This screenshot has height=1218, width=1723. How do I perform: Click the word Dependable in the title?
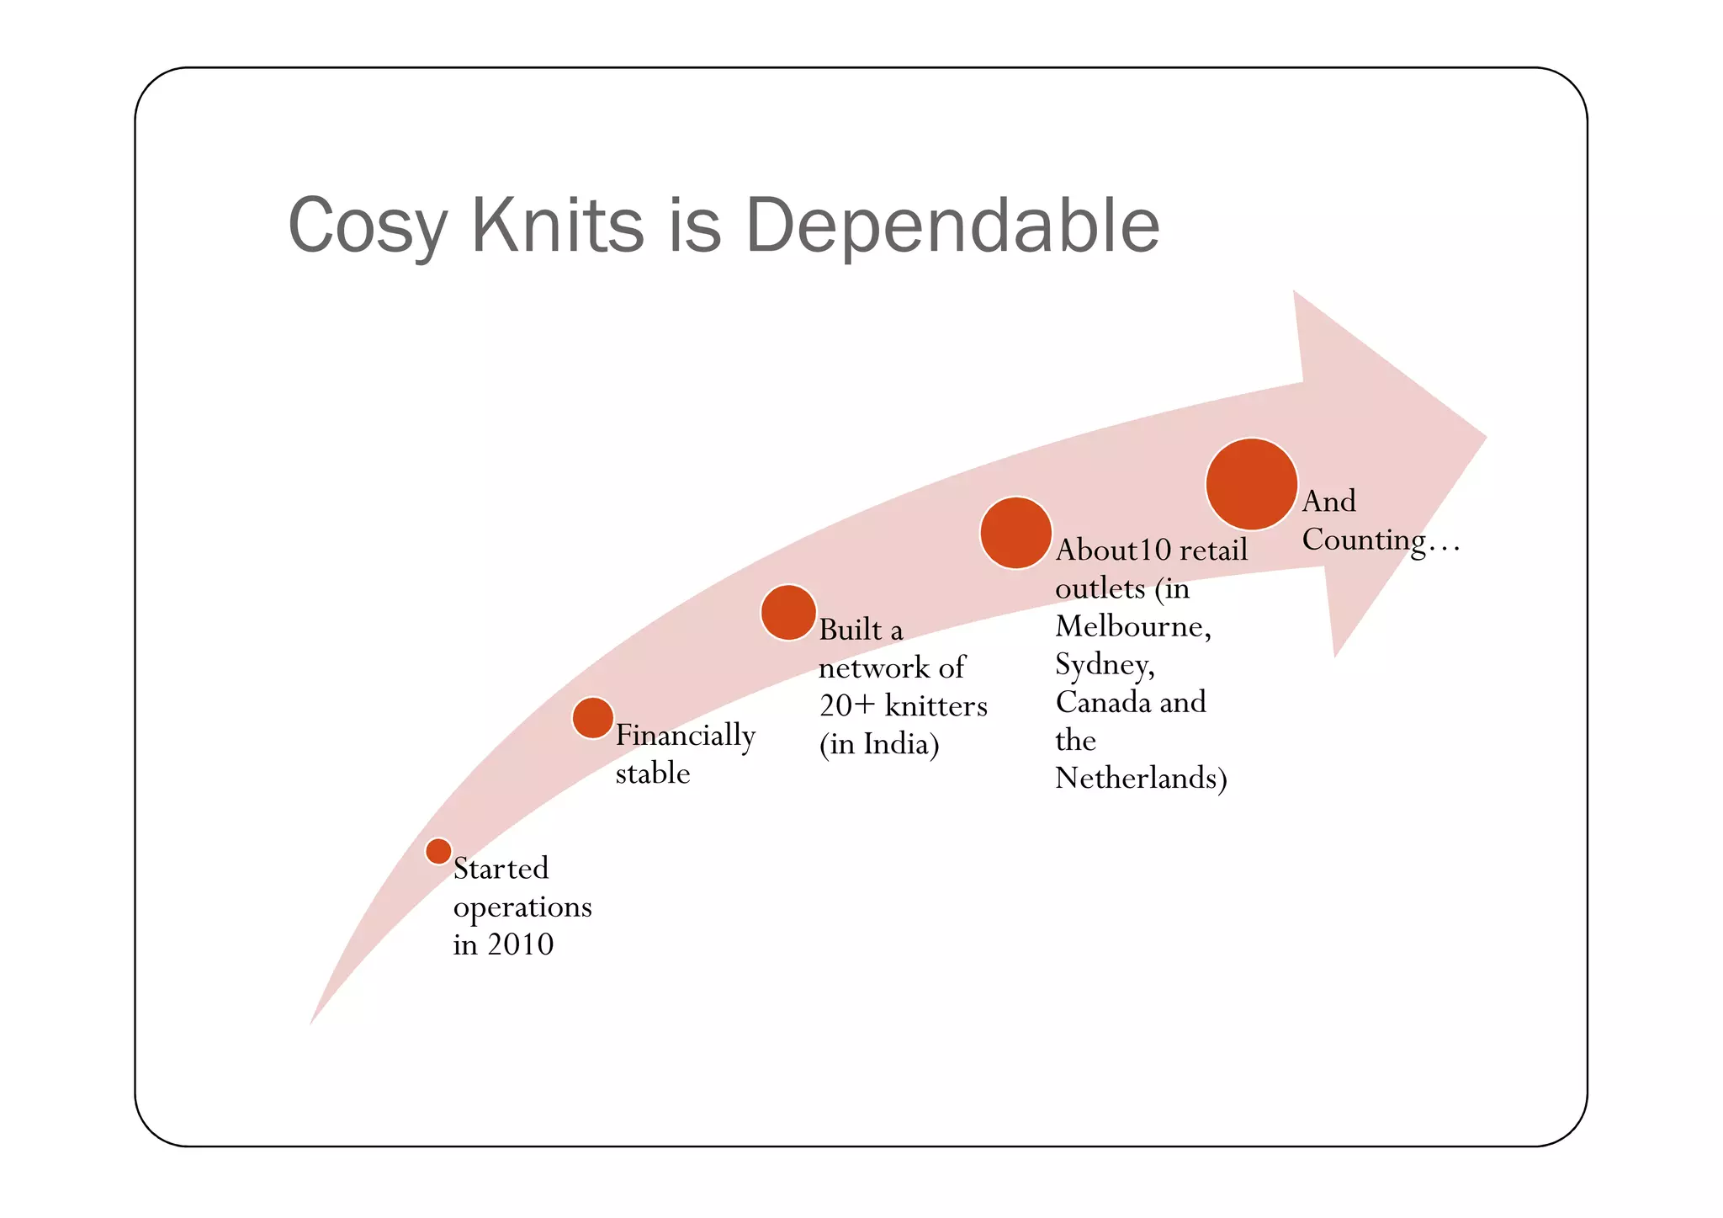[x=952, y=226]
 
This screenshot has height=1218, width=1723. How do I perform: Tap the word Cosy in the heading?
[x=367, y=226]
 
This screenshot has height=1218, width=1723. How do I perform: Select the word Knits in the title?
[x=557, y=226]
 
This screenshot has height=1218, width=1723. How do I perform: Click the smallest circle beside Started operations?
[x=438, y=851]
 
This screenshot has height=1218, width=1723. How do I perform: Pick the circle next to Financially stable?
[x=593, y=718]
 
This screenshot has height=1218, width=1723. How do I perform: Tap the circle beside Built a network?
[x=788, y=613]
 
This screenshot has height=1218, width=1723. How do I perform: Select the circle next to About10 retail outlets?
[x=1016, y=533]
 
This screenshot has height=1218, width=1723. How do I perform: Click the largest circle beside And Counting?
[x=1252, y=484]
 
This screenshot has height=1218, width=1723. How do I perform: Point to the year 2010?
[x=520, y=944]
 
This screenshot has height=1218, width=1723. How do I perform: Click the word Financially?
[x=686, y=736]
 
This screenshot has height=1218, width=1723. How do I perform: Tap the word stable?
[x=653, y=774]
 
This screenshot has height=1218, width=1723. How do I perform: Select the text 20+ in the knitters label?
[x=847, y=705]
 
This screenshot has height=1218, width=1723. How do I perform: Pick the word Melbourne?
[x=1132, y=626]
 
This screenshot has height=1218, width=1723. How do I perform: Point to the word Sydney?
[x=1105, y=665]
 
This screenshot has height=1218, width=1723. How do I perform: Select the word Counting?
[x=1364, y=540]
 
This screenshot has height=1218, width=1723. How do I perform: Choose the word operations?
[x=522, y=907]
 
